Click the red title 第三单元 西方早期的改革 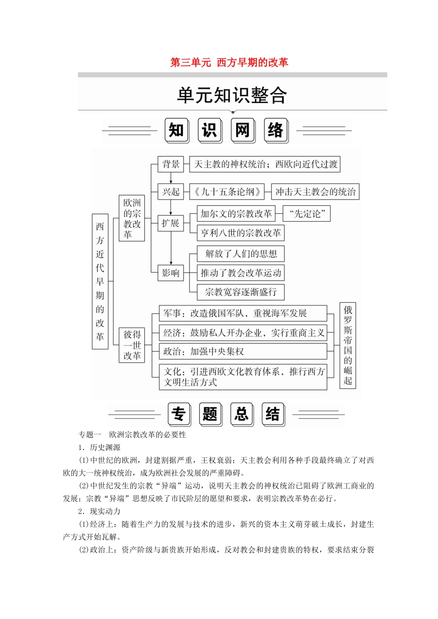(x=229, y=62)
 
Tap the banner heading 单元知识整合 (x=232, y=95)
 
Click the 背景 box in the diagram (x=171, y=164)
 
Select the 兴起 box (x=171, y=192)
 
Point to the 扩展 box (x=171, y=223)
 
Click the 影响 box (x=171, y=273)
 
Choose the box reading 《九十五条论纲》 (x=227, y=192)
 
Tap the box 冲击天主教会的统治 (x=315, y=192)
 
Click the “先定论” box (x=307, y=214)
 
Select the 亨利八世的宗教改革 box (x=240, y=233)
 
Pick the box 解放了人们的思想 (x=241, y=254)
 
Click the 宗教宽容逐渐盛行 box (x=241, y=292)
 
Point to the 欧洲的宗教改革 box (x=132, y=218)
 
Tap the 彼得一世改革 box (x=132, y=345)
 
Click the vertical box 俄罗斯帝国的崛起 (x=348, y=345)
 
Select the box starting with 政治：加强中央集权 (x=243, y=351)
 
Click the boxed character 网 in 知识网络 (x=243, y=130)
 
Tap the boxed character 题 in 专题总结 (x=210, y=414)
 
